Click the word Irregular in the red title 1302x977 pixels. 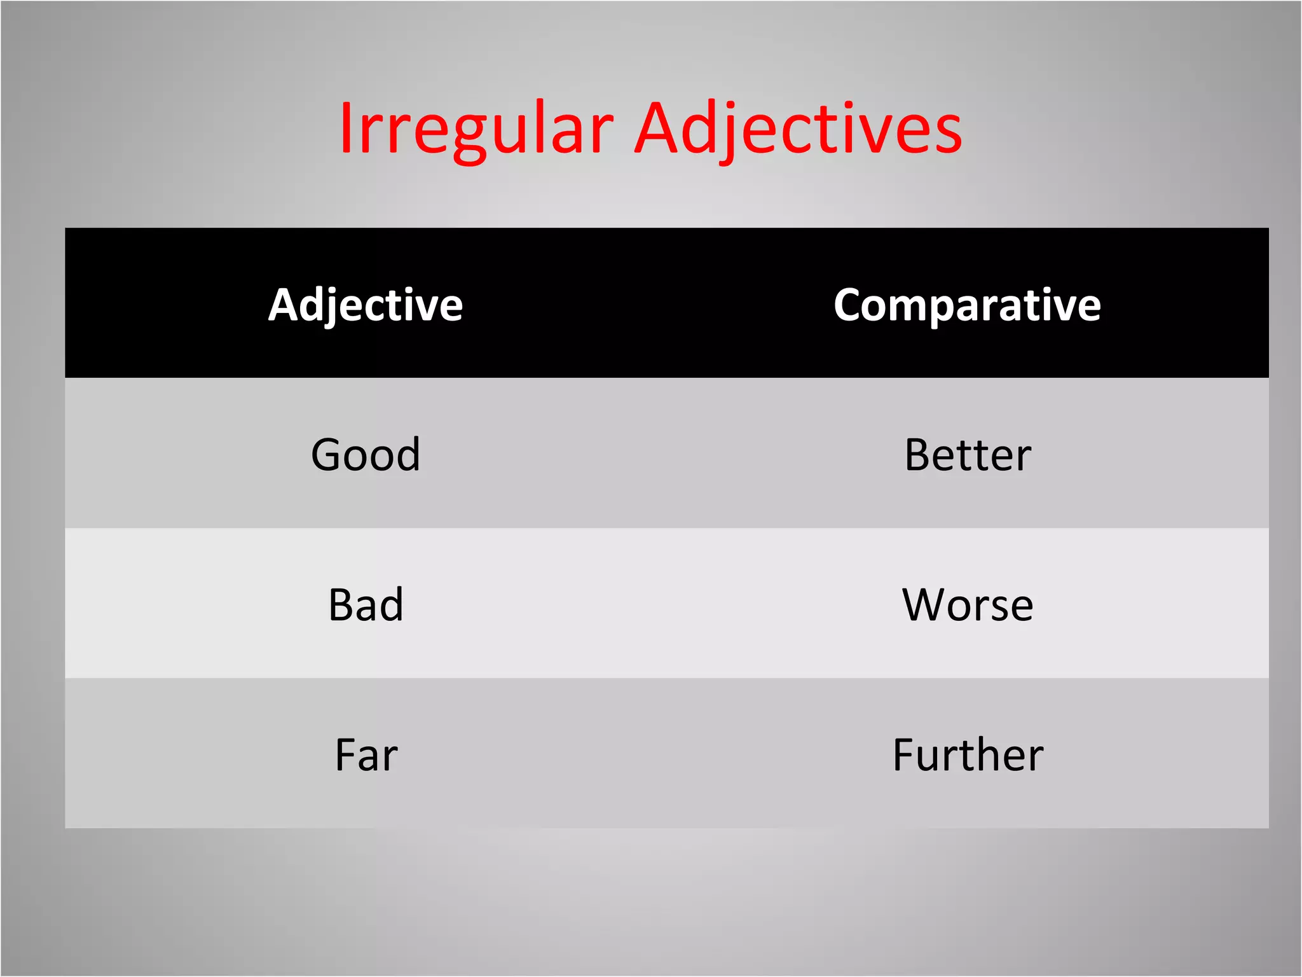coord(476,130)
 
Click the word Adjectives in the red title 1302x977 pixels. coord(798,130)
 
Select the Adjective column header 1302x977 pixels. coord(366,305)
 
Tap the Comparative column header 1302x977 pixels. coord(967,305)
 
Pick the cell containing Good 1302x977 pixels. coord(366,455)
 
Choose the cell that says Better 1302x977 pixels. coord(968,455)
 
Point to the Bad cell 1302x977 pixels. coord(366,604)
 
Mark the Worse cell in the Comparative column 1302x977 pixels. coord(968,604)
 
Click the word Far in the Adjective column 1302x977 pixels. coord(366,755)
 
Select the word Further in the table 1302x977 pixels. coord(968,755)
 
